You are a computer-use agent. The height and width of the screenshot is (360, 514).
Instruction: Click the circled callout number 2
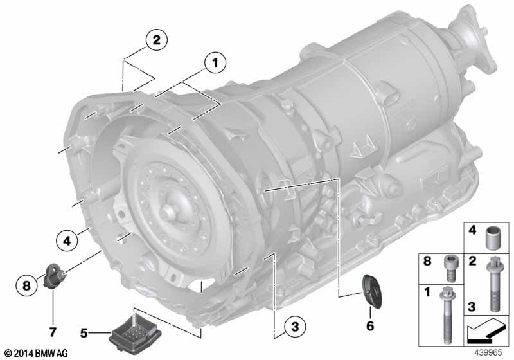(x=156, y=40)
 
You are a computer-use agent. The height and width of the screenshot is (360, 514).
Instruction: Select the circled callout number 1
(x=215, y=62)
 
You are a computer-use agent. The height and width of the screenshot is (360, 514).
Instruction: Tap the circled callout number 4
(x=67, y=241)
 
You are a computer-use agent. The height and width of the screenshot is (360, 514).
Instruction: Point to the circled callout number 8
(x=26, y=285)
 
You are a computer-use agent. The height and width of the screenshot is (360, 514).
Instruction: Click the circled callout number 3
(x=295, y=326)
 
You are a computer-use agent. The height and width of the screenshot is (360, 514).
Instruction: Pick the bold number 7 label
(x=53, y=332)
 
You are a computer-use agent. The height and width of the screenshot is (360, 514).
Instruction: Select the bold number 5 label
(x=84, y=333)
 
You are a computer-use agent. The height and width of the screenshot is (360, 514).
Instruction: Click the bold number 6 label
(x=370, y=325)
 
